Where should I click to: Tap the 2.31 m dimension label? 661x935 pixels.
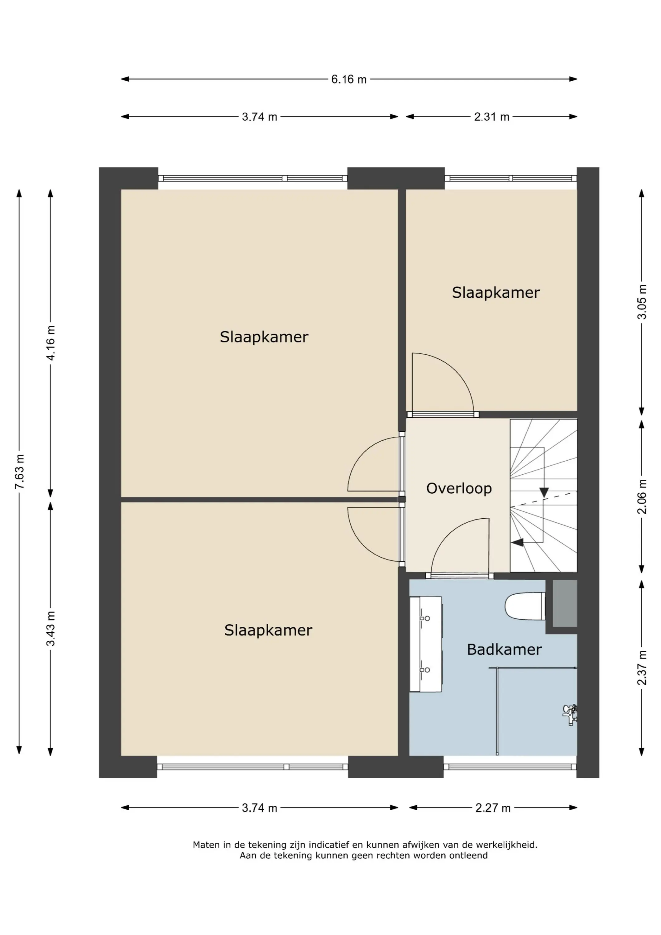point(491,117)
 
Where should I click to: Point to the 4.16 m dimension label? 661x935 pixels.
point(50,343)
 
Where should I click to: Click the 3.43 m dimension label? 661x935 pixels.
point(50,628)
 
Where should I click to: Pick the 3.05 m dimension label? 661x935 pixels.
point(642,302)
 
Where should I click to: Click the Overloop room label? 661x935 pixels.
point(459,488)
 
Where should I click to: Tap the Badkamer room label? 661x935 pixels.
point(504,650)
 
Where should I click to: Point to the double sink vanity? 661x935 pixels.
point(426,644)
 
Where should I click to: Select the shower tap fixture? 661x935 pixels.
point(570,715)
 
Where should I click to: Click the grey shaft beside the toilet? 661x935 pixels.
point(565,603)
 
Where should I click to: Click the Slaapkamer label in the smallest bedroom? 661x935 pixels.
point(496,292)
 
